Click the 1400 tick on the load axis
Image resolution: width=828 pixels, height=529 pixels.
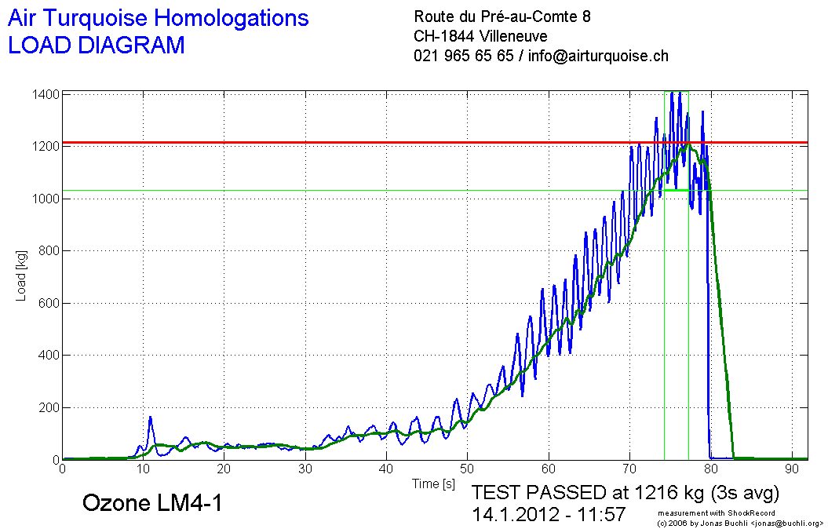point(46,94)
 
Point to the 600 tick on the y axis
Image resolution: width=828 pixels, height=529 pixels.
point(49,303)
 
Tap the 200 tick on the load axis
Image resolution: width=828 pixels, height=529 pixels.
point(49,407)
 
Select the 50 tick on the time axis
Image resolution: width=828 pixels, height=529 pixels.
point(467,469)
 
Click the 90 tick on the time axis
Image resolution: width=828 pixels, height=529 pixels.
point(791,469)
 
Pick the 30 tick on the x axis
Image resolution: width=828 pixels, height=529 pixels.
point(305,469)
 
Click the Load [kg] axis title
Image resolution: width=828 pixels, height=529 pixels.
point(21,277)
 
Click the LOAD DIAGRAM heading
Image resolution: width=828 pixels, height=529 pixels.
point(96,45)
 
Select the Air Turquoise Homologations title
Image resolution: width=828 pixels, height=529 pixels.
point(158,18)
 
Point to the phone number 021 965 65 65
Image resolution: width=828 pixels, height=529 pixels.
point(463,56)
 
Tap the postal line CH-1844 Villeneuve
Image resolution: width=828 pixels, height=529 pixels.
point(480,36)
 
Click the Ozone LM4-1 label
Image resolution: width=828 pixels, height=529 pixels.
point(152,503)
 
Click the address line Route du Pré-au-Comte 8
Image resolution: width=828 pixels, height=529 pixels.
point(502,16)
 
